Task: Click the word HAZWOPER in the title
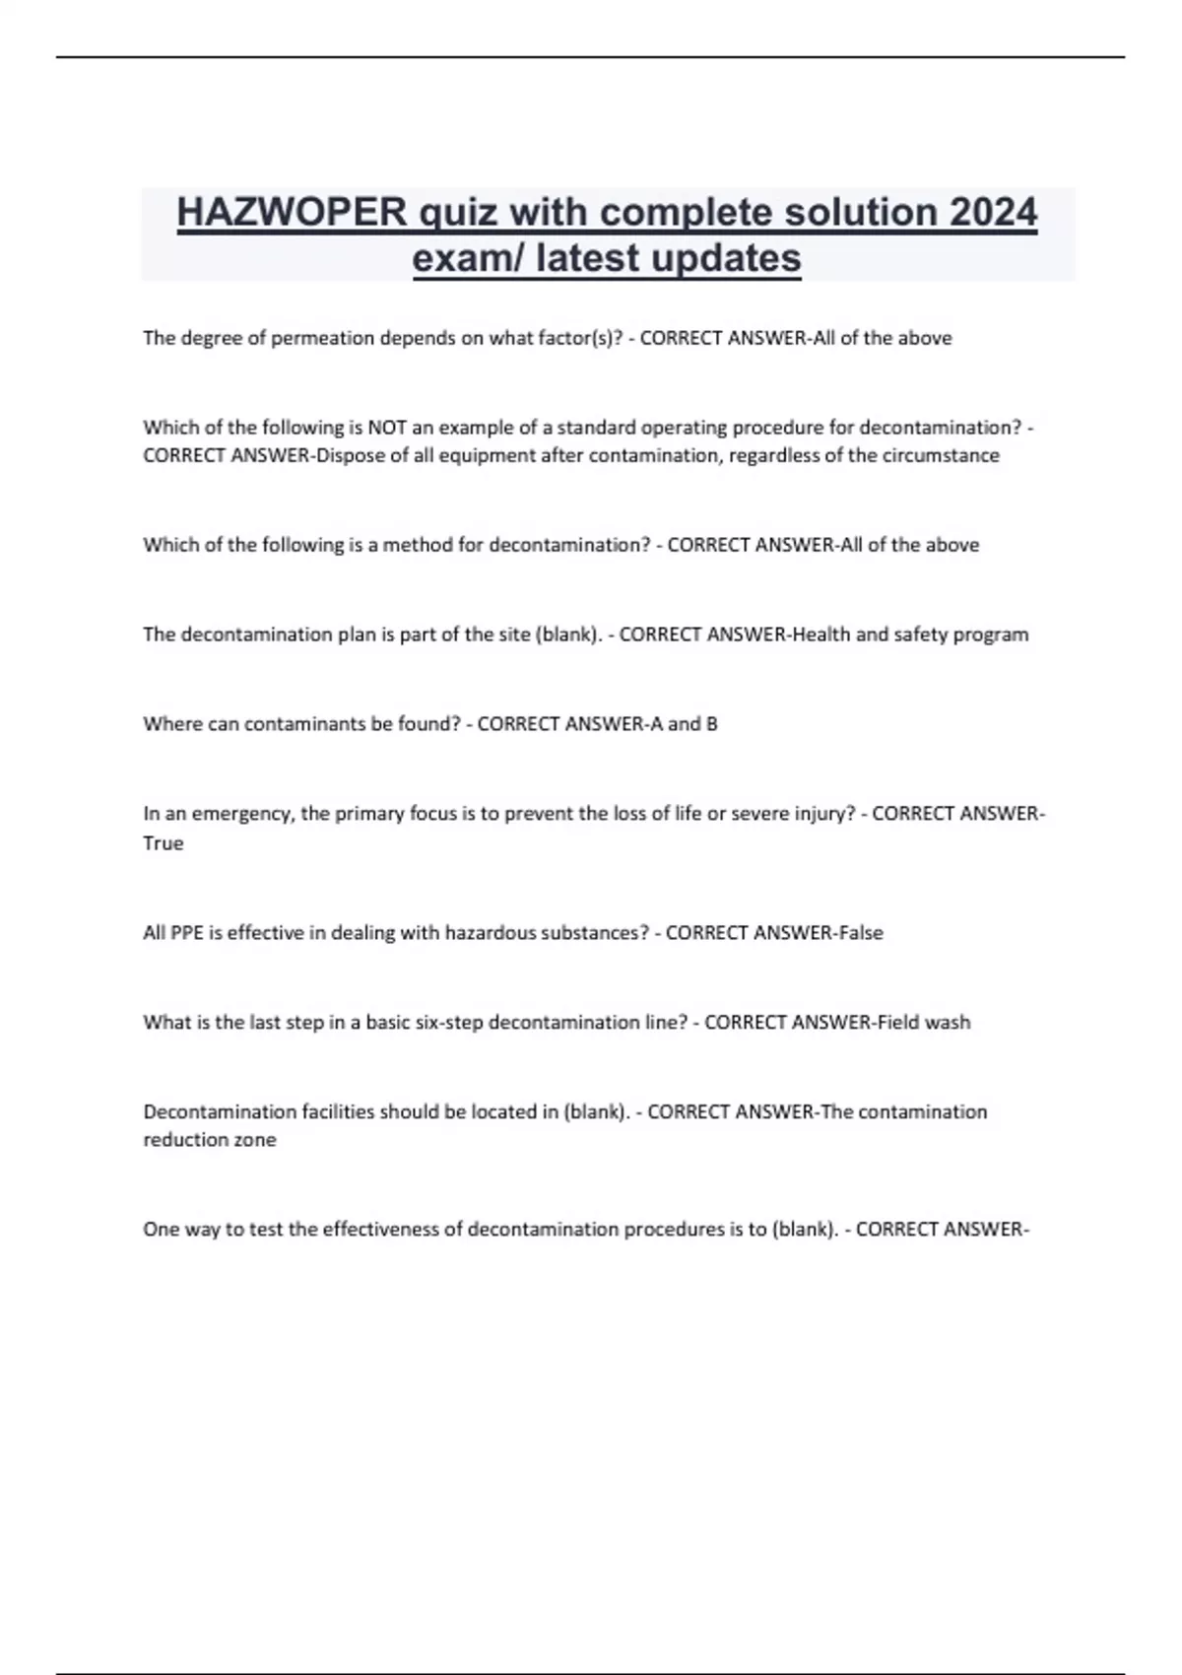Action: [x=292, y=212]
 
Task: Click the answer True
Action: [x=163, y=843]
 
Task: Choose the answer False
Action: [x=860, y=933]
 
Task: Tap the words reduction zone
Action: [x=209, y=1140]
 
